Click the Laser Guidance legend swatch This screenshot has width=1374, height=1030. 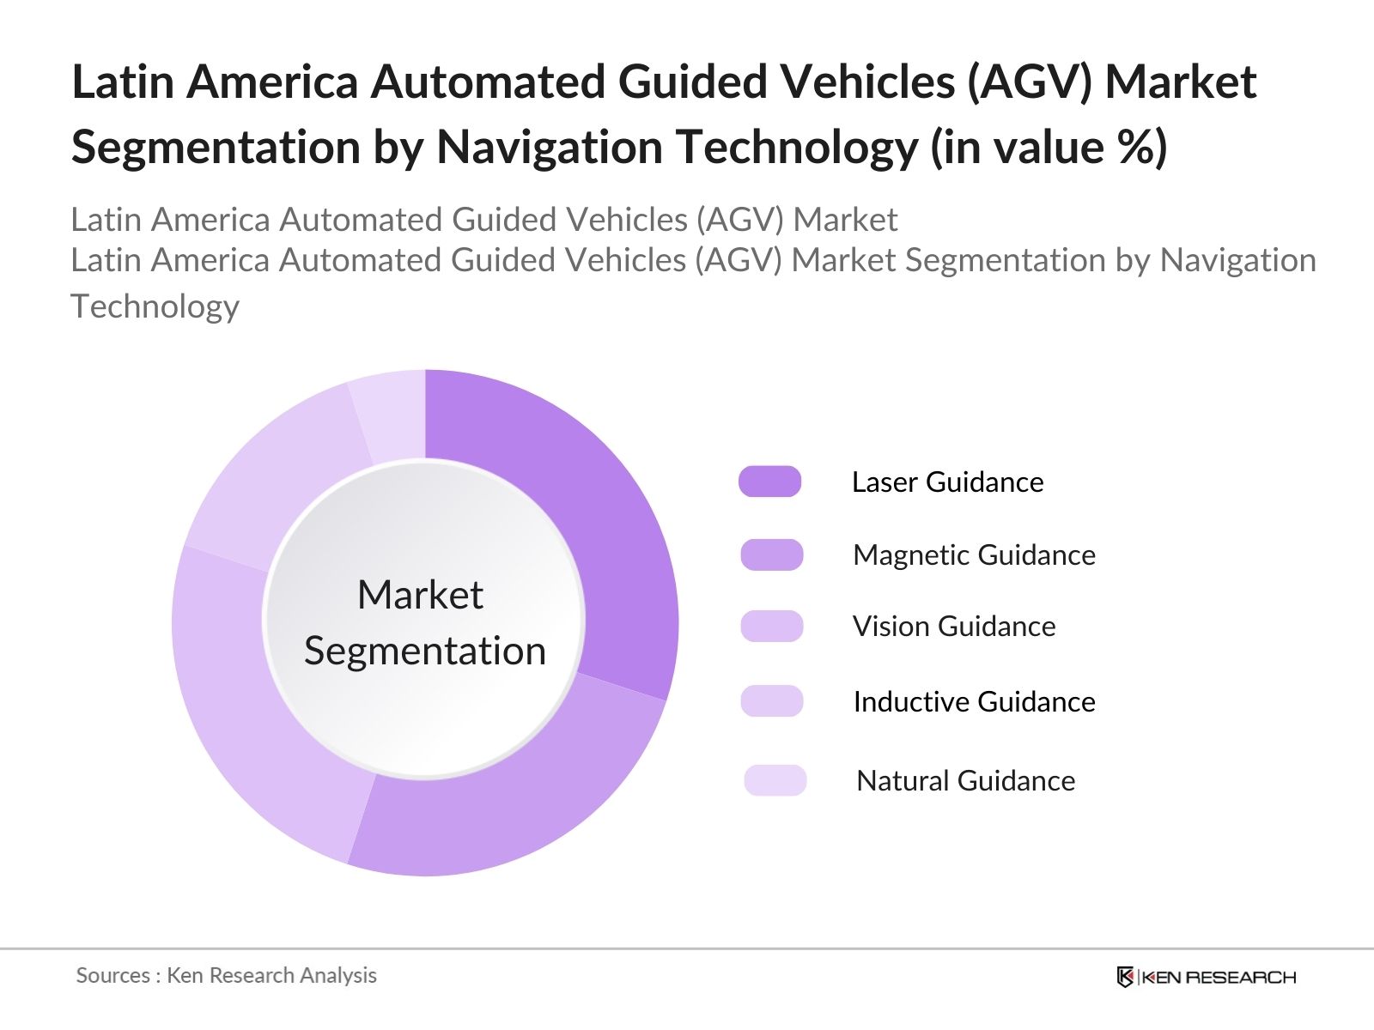coord(770,482)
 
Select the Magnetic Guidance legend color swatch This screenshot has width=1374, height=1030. coord(772,554)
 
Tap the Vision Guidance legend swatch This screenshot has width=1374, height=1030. coord(772,626)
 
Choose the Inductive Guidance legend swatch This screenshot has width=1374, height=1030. coord(772,701)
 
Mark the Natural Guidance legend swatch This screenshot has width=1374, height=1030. coord(775,780)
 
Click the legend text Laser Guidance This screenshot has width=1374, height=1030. coord(947,482)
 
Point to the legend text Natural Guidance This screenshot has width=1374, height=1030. coord(965,781)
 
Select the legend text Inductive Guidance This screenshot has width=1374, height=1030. coord(974,702)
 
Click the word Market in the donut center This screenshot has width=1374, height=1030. coord(420,595)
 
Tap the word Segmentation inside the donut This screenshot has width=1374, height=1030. coord(424,651)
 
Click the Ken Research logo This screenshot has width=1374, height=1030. coord(1207,977)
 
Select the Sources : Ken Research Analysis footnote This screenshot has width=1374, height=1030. coord(227,975)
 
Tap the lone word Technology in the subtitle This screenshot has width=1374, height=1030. coord(155,306)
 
